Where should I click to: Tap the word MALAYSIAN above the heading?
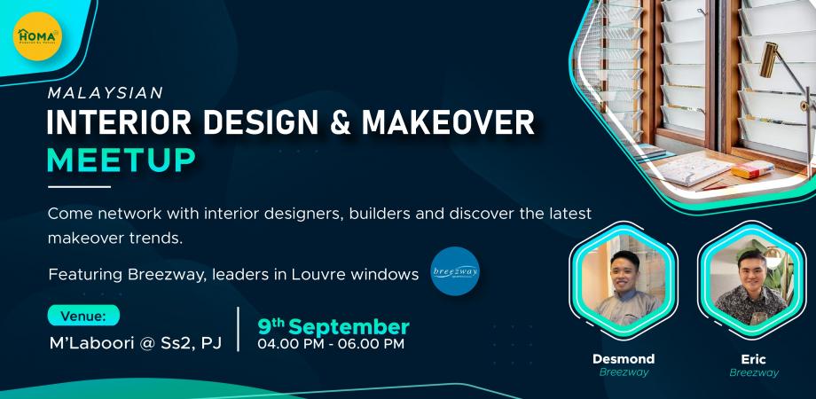[106, 91]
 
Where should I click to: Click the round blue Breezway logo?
[455, 276]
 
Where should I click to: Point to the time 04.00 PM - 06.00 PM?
[331, 343]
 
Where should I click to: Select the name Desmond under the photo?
[624, 359]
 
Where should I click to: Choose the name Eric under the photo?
[754, 359]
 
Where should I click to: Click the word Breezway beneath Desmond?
[624, 373]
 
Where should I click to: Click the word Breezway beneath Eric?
[754, 373]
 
